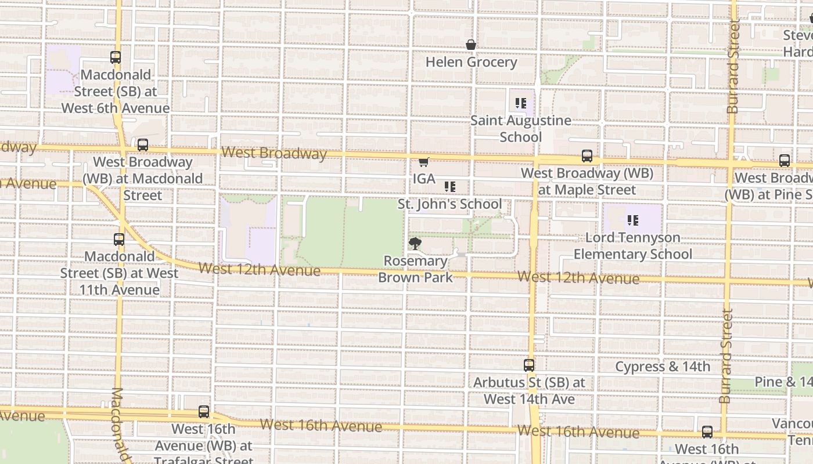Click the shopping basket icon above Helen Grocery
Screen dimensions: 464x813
click(x=471, y=45)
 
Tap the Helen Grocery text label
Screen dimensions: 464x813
click(x=471, y=62)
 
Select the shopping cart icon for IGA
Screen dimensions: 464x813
click(x=424, y=162)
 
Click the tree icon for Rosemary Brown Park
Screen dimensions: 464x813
click(x=415, y=244)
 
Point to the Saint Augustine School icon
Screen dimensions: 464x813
click(x=520, y=104)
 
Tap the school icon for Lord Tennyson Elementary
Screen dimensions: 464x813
click(x=632, y=220)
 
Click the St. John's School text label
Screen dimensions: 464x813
click(x=449, y=204)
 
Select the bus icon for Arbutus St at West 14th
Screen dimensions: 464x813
click(x=528, y=365)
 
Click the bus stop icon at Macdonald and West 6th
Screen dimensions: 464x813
click(x=116, y=57)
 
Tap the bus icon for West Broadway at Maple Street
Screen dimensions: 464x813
click(x=587, y=156)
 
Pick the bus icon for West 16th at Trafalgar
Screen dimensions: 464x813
click(x=204, y=412)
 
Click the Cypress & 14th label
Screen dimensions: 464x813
click(x=662, y=367)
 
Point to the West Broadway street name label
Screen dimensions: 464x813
click(x=274, y=153)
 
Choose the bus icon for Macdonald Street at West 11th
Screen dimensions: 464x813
click(x=119, y=239)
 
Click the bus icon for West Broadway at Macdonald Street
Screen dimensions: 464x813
click(x=142, y=145)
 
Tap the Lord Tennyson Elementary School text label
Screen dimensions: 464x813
click(x=632, y=246)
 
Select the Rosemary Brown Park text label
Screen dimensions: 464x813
click(x=415, y=269)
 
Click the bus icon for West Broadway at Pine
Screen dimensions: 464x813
click(x=785, y=161)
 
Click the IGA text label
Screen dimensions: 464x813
click(x=424, y=179)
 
